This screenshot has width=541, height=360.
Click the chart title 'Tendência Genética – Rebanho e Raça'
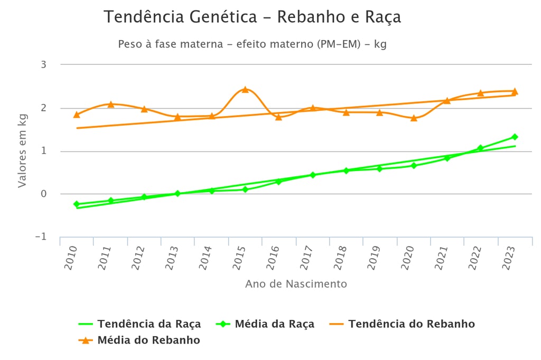[x=252, y=17]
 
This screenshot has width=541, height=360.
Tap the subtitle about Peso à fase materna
[x=252, y=44]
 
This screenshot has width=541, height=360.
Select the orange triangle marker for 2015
[x=245, y=90]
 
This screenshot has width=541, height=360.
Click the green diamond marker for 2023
[x=515, y=137]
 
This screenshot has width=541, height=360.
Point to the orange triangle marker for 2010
[x=77, y=115]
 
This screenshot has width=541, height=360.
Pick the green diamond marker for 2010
[x=77, y=204]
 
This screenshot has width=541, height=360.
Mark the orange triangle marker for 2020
[x=414, y=118]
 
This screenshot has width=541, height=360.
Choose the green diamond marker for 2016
[x=279, y=181]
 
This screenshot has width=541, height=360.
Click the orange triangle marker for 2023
[x=515, y=91]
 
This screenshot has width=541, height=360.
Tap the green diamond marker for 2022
[x=480, y=148]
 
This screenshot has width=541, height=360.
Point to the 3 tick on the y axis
[x=43, y=65]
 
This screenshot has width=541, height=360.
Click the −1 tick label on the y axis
[x=41, y=237]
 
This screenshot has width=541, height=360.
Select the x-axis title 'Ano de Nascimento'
[x=296, y=284]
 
